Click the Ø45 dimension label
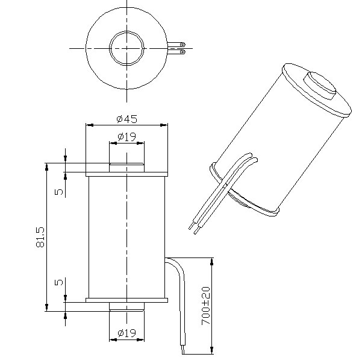(x=126, y=119)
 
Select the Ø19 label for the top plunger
(x=126, y=137)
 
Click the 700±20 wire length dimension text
(x=205, y=306)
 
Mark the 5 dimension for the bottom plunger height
(x=58, y=282)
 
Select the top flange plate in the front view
(x=126, y=175)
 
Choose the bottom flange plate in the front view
(x=126, y=299)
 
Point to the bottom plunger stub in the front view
(x=126, y=306)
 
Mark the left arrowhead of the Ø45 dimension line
(x=89, y=125)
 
